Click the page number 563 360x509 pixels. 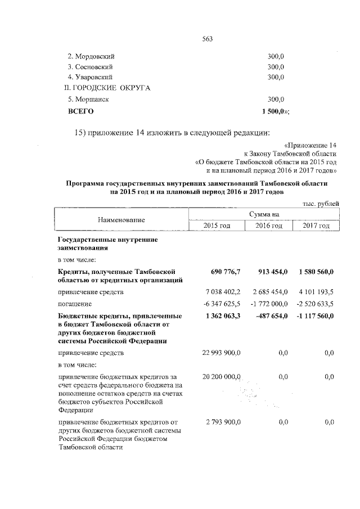206,38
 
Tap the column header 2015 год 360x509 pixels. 217,226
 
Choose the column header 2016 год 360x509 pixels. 269,226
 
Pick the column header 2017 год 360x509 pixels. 316,226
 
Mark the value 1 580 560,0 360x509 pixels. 315,272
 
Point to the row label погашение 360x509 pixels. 76,304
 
